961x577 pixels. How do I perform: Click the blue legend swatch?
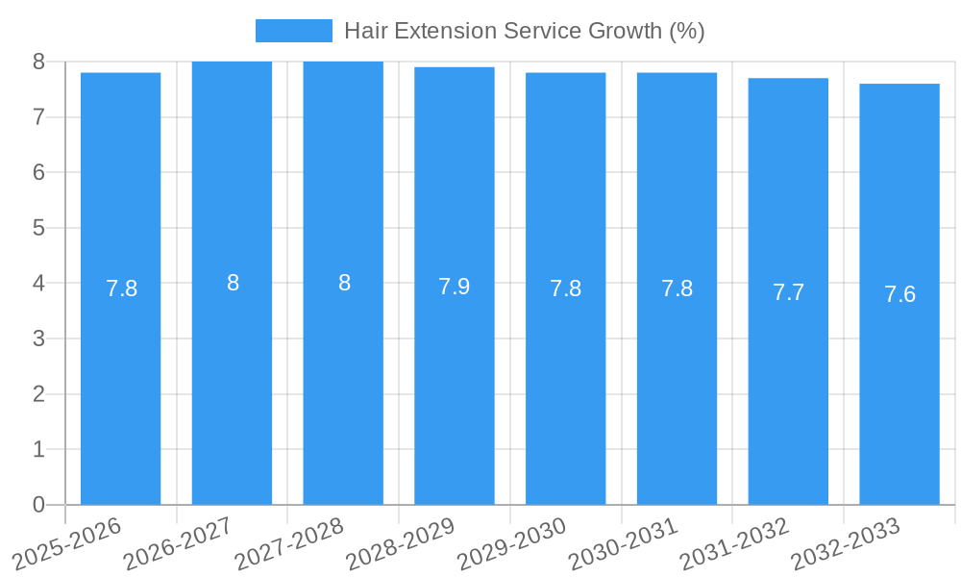coord(293,31)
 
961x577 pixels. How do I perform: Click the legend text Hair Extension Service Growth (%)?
coord(524,31)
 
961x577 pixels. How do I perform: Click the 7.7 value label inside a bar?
coord(788,293)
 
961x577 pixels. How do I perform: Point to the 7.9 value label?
coord(455,287)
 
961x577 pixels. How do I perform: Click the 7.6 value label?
coord(899,294)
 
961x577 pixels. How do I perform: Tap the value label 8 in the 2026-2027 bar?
coord(233,283)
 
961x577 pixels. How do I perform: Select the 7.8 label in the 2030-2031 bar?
coord(677,288)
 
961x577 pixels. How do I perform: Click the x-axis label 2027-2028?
coord(289,544)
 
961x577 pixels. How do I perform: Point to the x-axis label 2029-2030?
coord(512,544)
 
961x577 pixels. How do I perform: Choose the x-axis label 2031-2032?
coord(735,544)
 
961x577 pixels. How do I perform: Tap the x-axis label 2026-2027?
coord(178,544)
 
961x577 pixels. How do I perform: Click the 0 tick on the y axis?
coord(38,505)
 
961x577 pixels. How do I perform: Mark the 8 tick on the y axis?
coord(38,62)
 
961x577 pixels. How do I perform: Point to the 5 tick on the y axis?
coord(38,228)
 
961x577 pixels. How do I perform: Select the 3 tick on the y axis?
coord(38,339)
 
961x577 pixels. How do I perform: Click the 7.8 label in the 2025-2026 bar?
coord(121,288)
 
